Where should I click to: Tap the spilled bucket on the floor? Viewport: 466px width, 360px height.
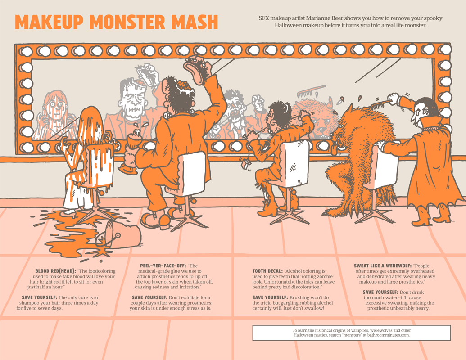click(x=118, y=234)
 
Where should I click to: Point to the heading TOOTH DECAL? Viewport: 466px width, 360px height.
click(x=267, y=271)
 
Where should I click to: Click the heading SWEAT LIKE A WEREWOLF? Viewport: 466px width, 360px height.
click(x=382, y=266)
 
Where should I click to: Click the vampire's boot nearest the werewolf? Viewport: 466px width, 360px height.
click(x=421, y=217)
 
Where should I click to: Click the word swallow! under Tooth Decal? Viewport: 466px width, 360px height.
click(x=310, y=308)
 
